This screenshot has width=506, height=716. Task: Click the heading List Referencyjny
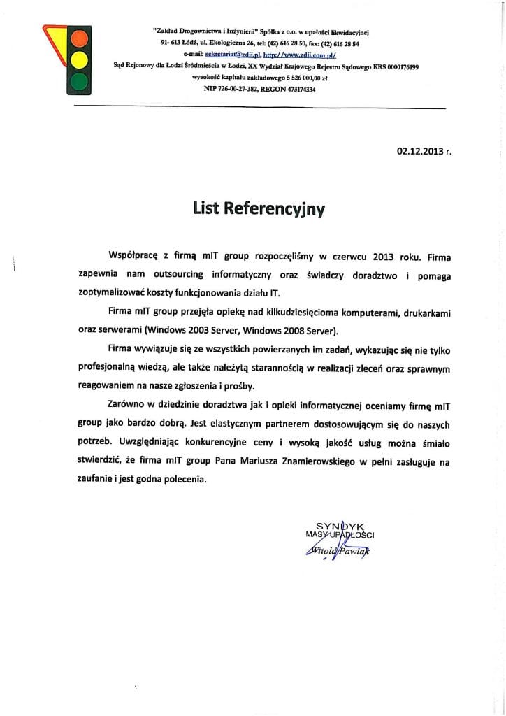[259, 208]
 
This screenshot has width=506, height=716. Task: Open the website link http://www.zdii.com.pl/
[296, 52]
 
